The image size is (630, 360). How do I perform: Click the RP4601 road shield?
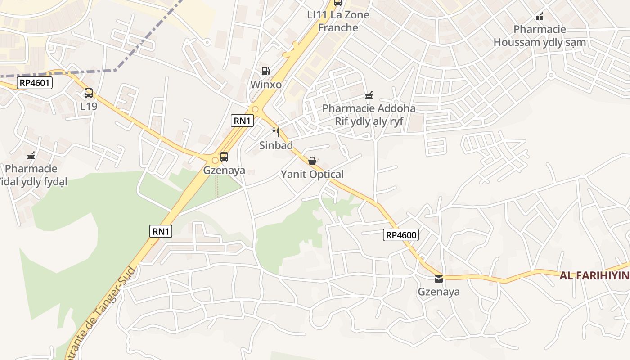[x=35, y=83]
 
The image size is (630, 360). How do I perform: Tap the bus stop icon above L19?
[x=89, y=93]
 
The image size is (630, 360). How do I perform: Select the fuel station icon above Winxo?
[x=266, y=71]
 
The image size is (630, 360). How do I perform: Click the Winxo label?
[x=266, y=85]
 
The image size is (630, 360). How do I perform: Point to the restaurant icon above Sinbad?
[x=276, y=132]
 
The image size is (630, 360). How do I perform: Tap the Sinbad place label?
[x=276, y=145]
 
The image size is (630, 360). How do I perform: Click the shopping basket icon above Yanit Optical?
[x=312, y=161]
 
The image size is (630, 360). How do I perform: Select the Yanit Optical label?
[x=312, y=174]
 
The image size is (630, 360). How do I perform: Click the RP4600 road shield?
[x=401, y=234]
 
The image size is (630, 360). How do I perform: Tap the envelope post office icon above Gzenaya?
[x=439, y=279]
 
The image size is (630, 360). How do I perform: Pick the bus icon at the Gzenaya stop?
[x=224, y=157]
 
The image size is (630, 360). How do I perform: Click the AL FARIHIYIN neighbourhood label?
[x=594, y=276]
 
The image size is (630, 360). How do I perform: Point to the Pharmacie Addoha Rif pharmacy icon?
[x=369, y=95]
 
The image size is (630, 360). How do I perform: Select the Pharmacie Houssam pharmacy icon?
[x=540, y=17]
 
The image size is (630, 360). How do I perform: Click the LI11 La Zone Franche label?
[x=338, y=21]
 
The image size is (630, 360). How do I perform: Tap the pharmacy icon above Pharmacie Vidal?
[x=31, y=156]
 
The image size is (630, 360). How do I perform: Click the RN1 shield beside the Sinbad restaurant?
[x=243, y=121]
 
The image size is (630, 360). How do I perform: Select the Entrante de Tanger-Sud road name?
[x=101, y=310]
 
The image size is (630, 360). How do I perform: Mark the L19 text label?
[x=89, y=107]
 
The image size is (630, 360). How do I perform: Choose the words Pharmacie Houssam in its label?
[x=540, y=30]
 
